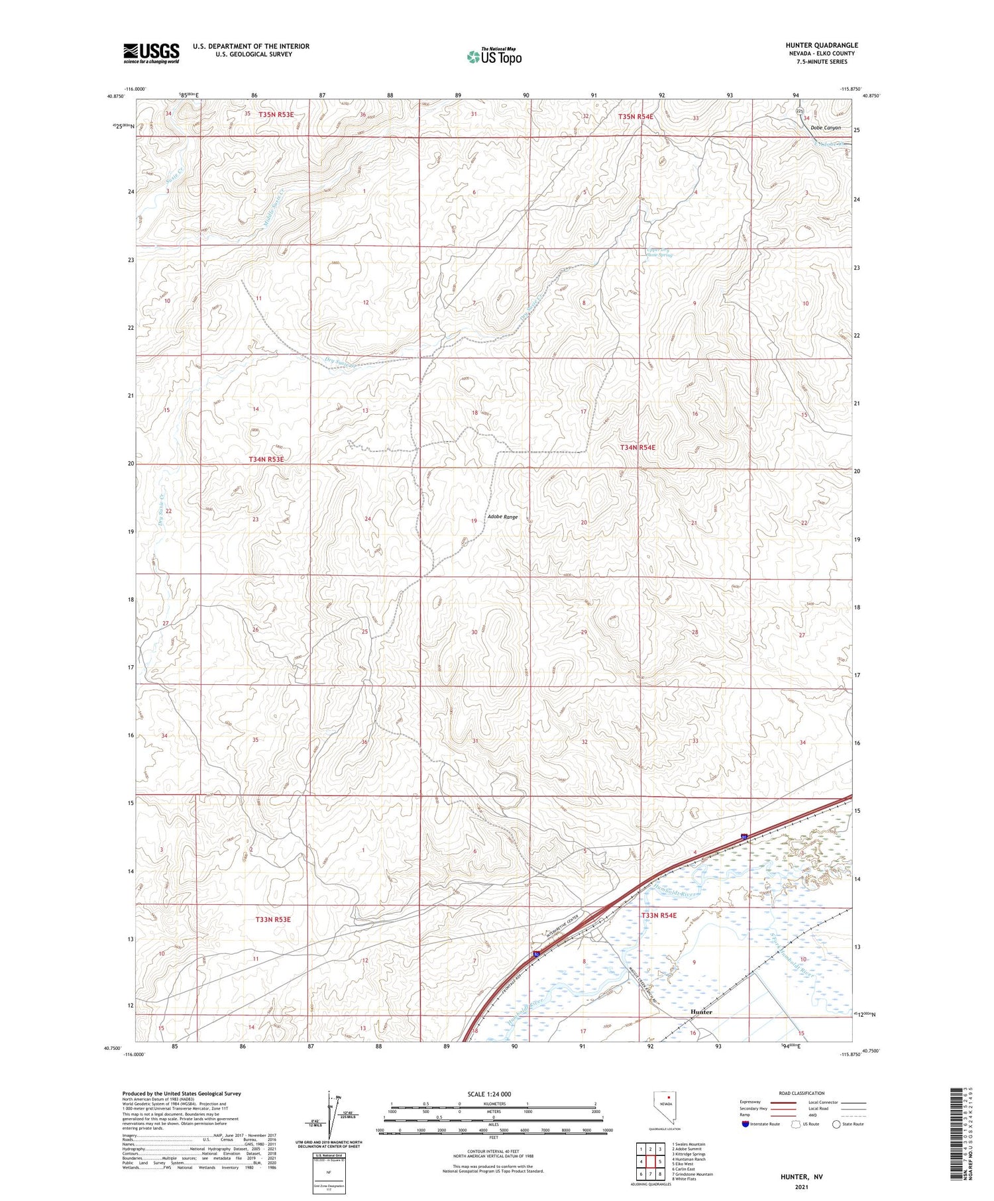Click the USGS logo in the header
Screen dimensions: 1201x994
[151, 53]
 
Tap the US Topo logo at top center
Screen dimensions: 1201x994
[494, 56]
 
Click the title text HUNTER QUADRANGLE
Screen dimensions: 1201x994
[821, 45]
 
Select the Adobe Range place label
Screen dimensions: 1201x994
[502, 517]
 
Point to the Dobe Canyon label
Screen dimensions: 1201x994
[825, 128]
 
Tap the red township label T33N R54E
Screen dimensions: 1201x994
[659, 915]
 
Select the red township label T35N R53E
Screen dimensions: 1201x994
[276, 115]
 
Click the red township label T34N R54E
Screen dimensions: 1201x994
[637, 448]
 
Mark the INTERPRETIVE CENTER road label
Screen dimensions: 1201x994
[563, 926]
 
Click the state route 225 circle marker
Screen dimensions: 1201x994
[799, 111]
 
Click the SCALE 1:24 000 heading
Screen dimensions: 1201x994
[489, 1094]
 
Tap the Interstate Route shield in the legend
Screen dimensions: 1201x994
[745, 1124]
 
